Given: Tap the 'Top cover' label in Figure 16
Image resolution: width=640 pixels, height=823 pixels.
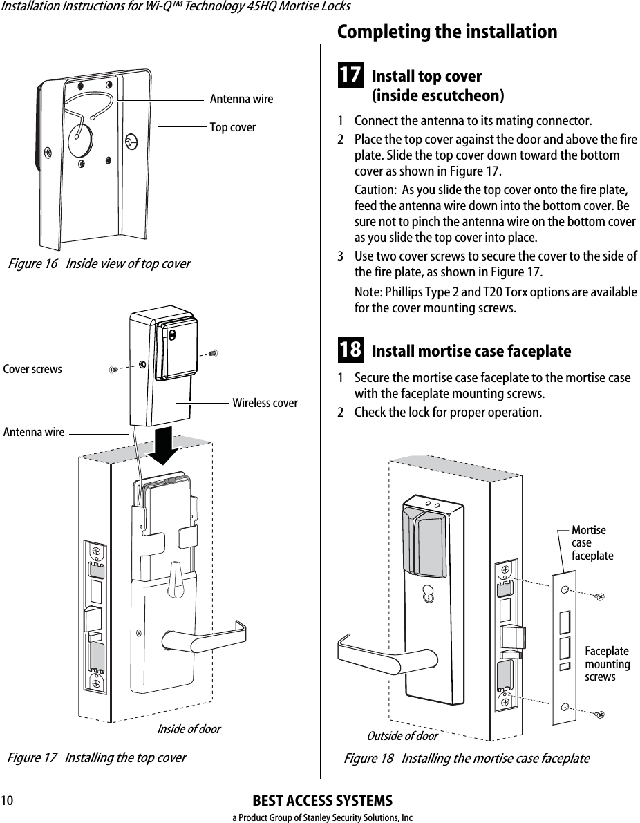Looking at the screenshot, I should [232, 127].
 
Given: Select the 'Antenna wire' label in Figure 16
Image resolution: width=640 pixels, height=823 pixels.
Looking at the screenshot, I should [241, 100].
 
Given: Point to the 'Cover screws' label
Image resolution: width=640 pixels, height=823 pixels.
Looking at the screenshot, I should [32, 369].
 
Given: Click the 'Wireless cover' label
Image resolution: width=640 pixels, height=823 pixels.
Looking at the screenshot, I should [265, 403].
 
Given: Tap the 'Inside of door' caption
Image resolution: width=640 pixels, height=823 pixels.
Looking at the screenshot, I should [189, 729].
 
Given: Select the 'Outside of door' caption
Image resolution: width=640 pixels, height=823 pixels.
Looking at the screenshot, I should [402, 735].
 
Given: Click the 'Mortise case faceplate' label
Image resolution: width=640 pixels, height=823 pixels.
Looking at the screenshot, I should [592, 542].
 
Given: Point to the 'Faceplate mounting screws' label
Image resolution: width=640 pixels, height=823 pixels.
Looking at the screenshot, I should [607, 664].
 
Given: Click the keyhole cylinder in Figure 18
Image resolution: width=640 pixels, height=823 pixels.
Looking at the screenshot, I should [429, 596].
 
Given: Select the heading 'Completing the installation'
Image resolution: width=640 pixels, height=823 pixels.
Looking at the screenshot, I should [446, 32].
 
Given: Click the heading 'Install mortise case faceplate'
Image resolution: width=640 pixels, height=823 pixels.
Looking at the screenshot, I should [471, 351].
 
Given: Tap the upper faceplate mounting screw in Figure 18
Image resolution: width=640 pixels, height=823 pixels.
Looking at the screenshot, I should [599, 596].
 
